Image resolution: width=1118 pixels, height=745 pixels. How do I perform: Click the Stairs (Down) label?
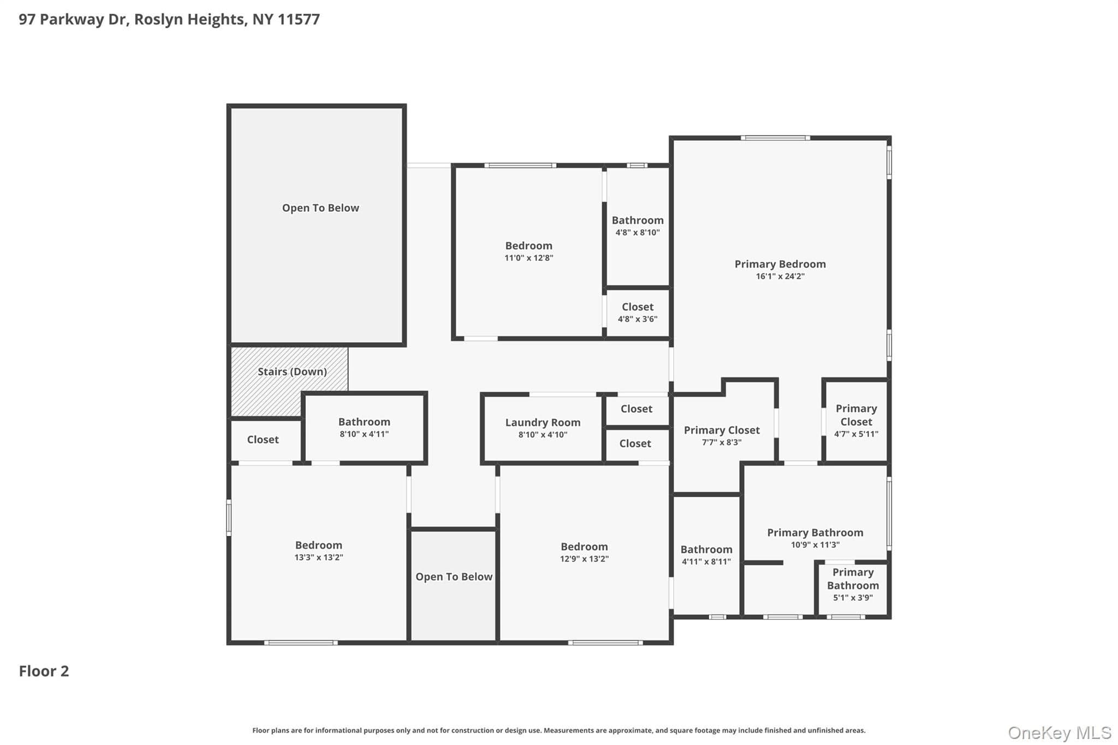292,372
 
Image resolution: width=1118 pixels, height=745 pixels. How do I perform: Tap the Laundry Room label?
543,422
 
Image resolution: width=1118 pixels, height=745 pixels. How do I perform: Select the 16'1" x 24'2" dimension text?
780,276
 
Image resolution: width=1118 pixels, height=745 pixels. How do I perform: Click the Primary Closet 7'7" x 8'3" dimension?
722,442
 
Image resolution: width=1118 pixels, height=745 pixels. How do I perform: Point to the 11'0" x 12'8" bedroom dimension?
528,258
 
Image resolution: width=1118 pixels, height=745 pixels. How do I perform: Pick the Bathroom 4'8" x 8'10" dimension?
638,233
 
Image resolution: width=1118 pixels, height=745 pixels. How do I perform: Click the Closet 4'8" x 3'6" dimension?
638,319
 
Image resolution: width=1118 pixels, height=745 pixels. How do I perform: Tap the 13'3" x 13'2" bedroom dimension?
319,557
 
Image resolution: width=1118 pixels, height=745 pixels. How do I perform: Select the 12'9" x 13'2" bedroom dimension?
584,559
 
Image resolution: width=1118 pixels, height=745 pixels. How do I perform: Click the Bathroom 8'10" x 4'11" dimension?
364,434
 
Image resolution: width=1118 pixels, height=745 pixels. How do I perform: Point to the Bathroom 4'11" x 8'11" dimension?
706,562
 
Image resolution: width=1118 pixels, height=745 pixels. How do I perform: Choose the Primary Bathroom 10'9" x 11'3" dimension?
815,545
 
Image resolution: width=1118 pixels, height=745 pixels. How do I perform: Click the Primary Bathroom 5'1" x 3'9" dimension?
853,598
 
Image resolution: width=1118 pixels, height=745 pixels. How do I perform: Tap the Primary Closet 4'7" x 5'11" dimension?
856,434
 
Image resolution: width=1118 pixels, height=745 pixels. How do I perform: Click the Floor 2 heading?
44,671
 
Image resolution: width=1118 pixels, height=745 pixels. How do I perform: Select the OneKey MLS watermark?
1060,732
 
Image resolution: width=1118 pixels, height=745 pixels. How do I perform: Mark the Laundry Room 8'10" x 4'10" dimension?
543,435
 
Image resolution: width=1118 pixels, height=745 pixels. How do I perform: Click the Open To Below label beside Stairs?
320,208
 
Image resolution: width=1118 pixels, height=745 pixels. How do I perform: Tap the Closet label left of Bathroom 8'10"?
263,439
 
